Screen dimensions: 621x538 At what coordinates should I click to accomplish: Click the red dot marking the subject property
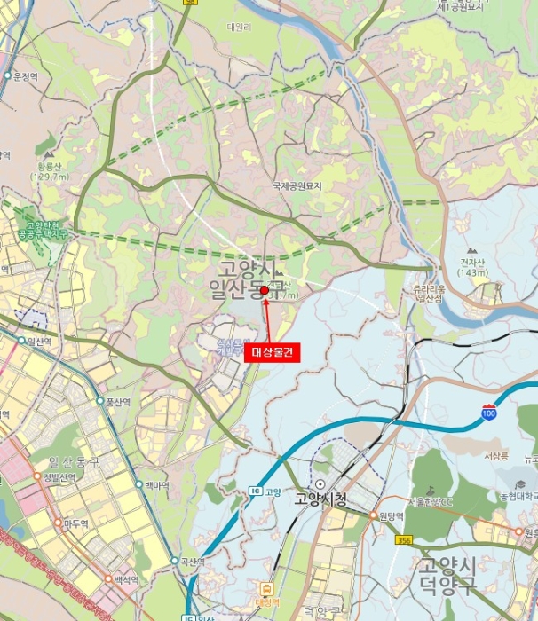click(x=265, y=289)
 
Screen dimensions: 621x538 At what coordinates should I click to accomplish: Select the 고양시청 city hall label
click(x=320, y=499)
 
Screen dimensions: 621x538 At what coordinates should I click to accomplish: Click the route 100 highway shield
click(x=488, y=414)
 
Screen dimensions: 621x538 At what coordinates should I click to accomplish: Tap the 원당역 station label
click(x=391, y=516)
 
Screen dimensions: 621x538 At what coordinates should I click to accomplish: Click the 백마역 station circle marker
click(x=139, y=484)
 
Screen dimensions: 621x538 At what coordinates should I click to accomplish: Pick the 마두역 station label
click(x=75, y=523)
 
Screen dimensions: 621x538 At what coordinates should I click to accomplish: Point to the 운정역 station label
click(x=25, y=77)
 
